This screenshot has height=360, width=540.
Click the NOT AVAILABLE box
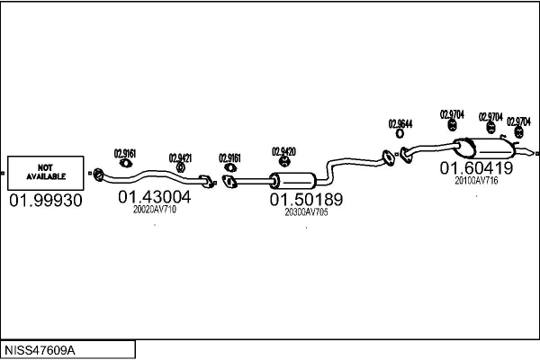[45, 171]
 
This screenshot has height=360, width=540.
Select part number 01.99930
[45, 201]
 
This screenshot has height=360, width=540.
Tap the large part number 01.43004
[154, 196]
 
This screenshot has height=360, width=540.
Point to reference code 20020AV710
[154, 210]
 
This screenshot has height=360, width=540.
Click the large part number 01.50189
[307, 200]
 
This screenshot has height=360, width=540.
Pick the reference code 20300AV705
[306, 213]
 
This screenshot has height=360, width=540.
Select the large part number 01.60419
[476, 168]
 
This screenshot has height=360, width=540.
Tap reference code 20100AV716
[476, 181]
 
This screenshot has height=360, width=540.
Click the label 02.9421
[180, 157]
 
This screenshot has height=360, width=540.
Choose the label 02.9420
[284, 151]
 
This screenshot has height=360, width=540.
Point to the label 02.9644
[400, 124]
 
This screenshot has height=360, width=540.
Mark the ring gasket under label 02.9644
[400, 138]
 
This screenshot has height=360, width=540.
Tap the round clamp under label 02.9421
[181, 167]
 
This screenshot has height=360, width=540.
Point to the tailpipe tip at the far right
[532, 146]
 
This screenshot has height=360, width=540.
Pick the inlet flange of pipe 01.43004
[99, 173]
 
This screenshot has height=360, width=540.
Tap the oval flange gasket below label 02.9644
[390, 158]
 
